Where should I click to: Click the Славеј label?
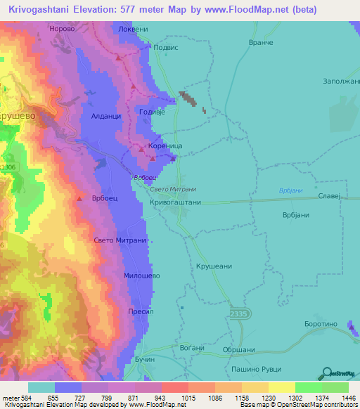click(329, 195)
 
